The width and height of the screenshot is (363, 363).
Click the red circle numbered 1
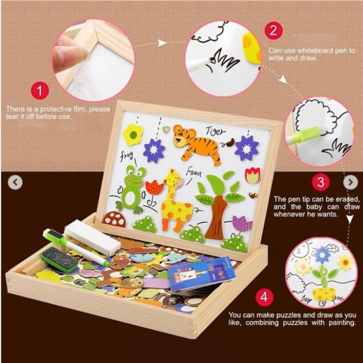click(39, 91)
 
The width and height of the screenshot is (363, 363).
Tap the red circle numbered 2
click(274, 30)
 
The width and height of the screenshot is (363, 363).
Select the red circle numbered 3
click(320, 182)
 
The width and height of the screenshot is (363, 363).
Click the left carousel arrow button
click(15, 182)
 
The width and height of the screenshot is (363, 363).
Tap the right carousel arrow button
click(350, 182)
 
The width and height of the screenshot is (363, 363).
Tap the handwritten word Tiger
click(215, 131)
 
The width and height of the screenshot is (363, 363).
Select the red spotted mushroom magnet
click(115, 219)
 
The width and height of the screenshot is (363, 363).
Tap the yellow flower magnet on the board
click(133, 135)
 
